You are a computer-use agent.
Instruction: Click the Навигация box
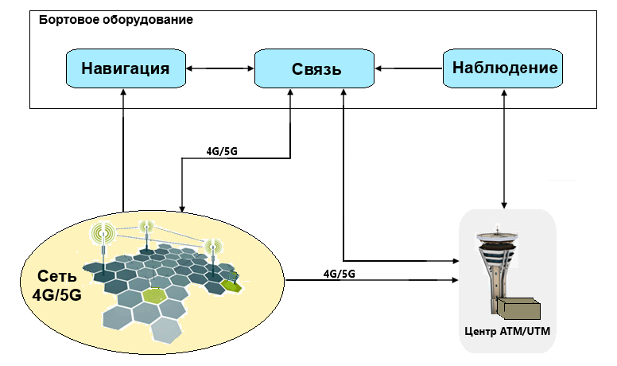click(x=125, y=68)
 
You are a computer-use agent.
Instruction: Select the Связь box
click(x=315, y=69)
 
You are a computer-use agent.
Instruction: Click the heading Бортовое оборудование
click(x=116, y=18)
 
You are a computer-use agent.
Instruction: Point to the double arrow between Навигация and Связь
click(x=219, y=69)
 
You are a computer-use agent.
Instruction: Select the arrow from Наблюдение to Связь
click(x=409, y=69)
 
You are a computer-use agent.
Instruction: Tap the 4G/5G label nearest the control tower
click(x=339, y=273)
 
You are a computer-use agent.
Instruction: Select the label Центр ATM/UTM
click(x=507, y=330)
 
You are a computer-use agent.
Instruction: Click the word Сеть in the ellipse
click(x=57, y=277)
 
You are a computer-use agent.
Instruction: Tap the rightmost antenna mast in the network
click(x=213, y=259)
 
